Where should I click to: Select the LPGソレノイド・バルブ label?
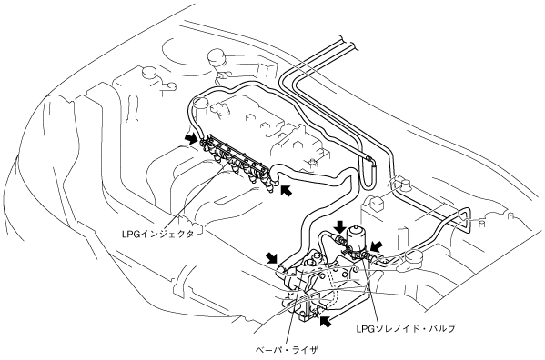pyautogui.click(x=406, y=328)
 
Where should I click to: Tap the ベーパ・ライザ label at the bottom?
pyautogui.click(x=287, y=350)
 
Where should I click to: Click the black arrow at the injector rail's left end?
pyautogui.click(x=191, y=139)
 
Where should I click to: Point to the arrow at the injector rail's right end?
pyautogui.click(x=287, y=190)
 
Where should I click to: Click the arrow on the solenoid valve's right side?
pyautogui.click(x=376, y=247)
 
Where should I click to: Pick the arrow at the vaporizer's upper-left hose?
pyautogui.click(x=272, y=258)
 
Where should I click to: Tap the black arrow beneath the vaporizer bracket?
pyautogui.click(x=326, y=322)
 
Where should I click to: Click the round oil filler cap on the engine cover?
pyautogui.click(x=200, y=104)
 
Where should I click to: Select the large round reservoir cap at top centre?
pyautogui.click(x=217, y=57)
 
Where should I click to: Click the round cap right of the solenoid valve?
pyautogui.click(x=414, y=257)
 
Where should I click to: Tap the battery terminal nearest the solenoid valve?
pyautogui.click(x=375, y=203)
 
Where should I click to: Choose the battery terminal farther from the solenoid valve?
pyautogui.click(x=404, y=185)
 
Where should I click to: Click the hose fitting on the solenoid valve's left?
pyautogui.click(x=338, y=238)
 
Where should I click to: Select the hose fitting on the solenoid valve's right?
pyautogui.click(x=367, y=256)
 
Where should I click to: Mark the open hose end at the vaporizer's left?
pyautogui.click(x=280, y=268)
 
